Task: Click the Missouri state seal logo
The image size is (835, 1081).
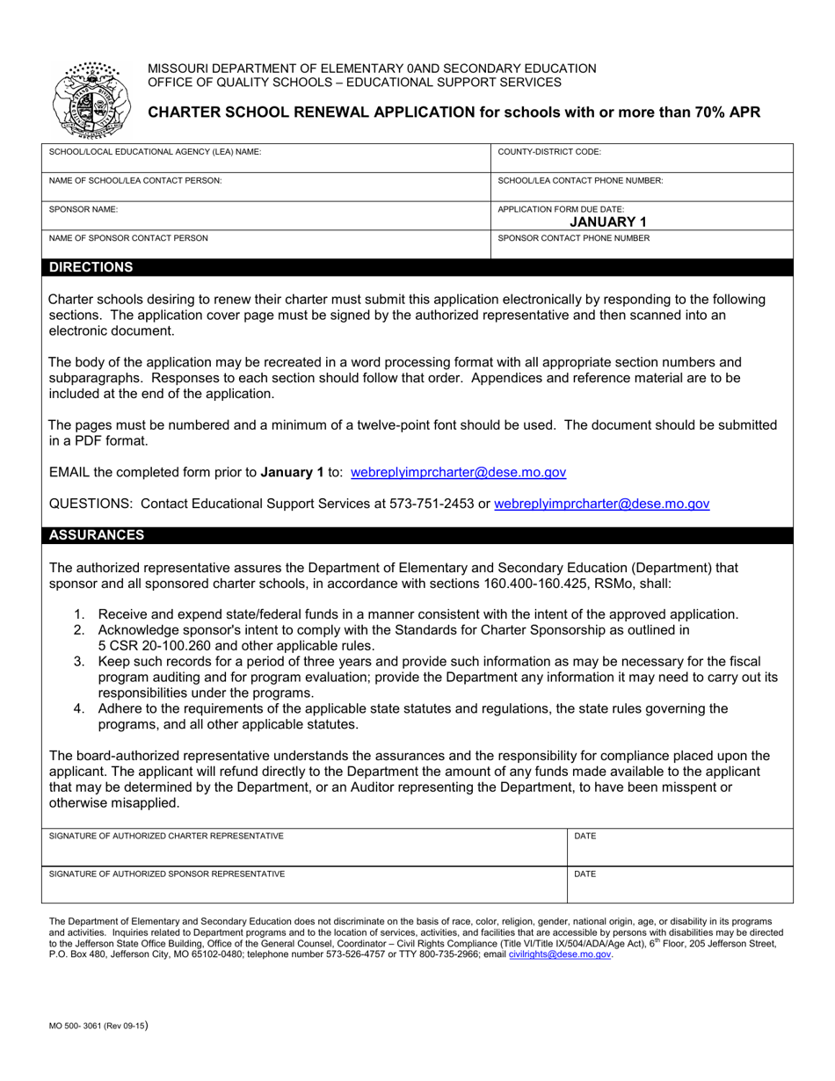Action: click(x=88, y=99)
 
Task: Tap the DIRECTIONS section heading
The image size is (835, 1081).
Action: click(x=91, y=267)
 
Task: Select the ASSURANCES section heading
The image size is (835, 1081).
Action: click(x=97, y=534)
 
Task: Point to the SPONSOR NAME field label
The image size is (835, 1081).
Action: click(x=83, y=209)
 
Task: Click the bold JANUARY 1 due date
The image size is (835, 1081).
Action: click(x=608, y=221)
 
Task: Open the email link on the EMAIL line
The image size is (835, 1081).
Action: click(x=458, y=472)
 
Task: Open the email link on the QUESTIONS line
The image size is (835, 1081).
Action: click(x=601, y=504)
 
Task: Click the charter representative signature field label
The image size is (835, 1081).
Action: click(x=166, y=836)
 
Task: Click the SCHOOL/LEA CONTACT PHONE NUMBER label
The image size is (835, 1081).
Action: click(x=580, y=180)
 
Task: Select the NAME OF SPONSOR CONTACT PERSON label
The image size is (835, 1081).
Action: click(x=129, y=237)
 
